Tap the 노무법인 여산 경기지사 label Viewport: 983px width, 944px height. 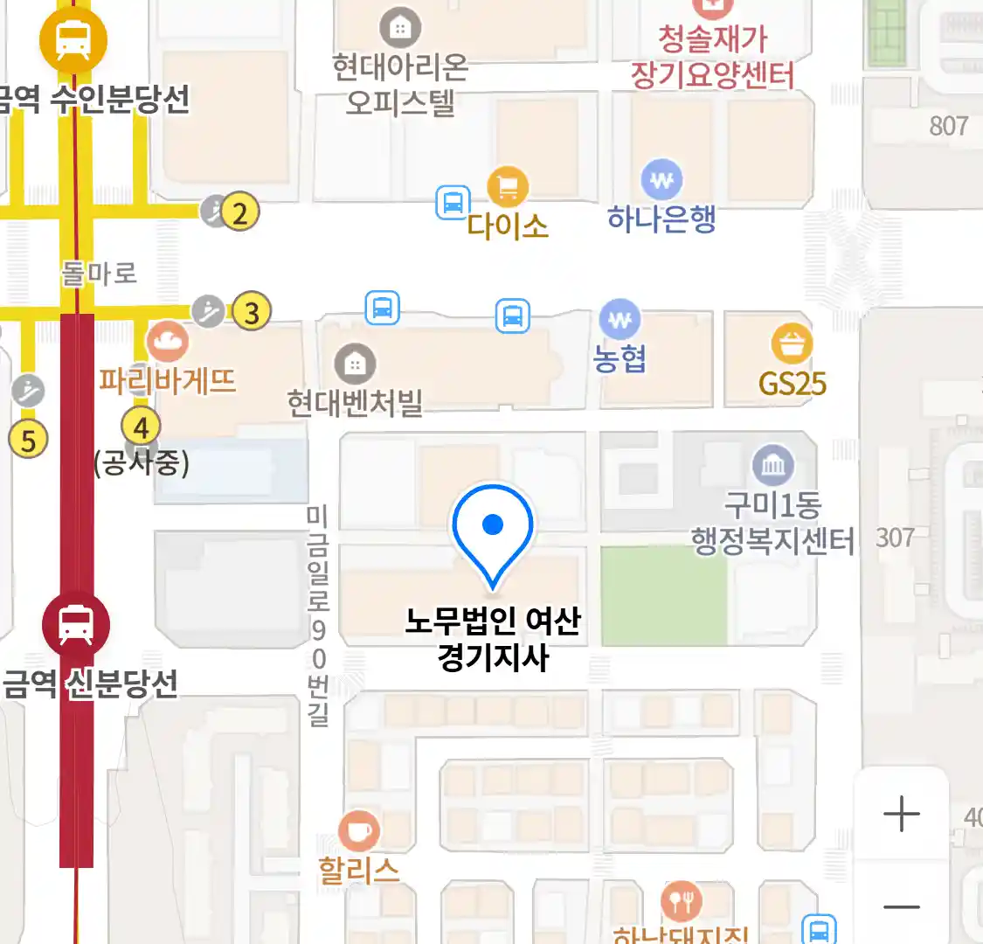(493, 639)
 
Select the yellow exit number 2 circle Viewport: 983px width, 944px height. (240, 212)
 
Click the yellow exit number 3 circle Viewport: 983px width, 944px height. (253, 312)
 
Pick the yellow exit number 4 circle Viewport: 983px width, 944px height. (141, 427)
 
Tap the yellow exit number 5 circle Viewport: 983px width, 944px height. (28, 441)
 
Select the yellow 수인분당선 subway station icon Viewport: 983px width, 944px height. (73, 39)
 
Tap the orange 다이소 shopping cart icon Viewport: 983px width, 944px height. (508, 186)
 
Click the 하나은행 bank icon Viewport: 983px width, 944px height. (661, 181)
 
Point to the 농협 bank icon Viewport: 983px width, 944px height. (620, 321)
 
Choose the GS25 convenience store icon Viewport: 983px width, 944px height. (792, 345)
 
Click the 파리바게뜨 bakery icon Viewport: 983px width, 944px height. (168, 342)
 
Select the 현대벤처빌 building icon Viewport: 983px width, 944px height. (355, 364)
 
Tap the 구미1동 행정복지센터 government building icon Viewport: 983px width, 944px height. (773, 465)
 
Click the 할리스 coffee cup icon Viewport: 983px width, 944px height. (358, 830)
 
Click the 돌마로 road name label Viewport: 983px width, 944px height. (99, 274)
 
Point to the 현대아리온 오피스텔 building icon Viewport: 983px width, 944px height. (400, 27)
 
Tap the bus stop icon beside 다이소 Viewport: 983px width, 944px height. (453, 203)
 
